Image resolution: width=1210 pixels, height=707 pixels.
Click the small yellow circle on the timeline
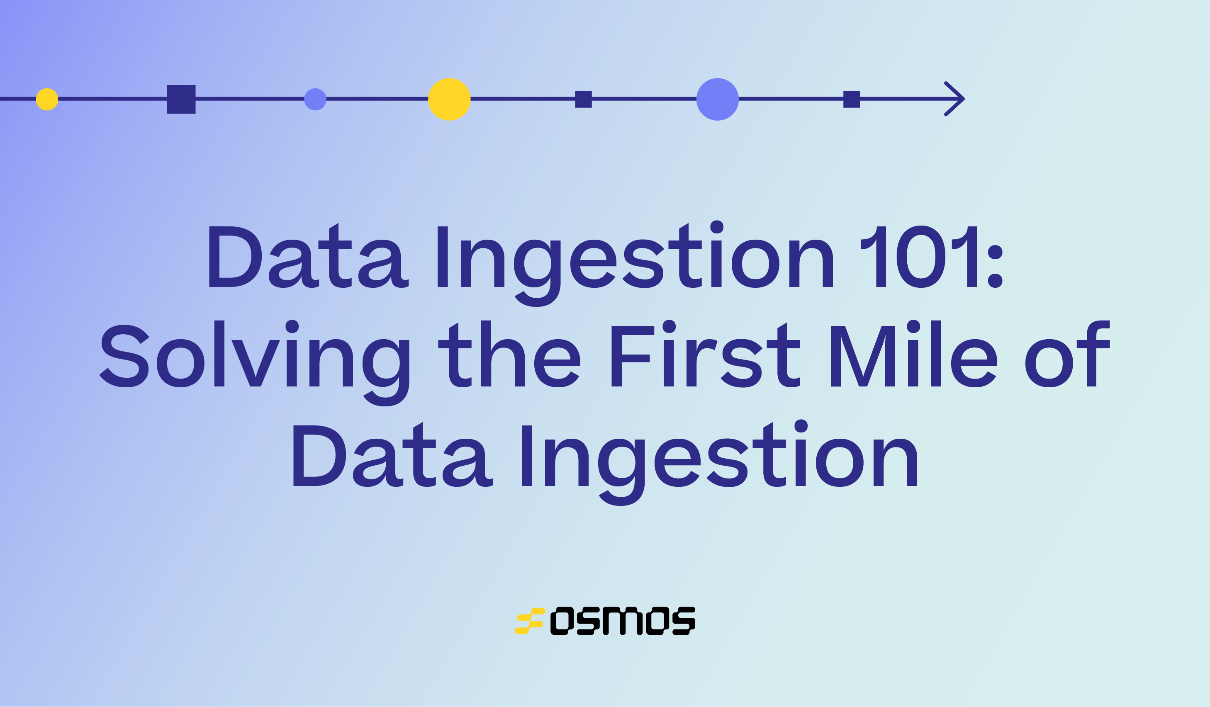[x=47, y=100]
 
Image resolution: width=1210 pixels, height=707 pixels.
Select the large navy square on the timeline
[x=181, y=100]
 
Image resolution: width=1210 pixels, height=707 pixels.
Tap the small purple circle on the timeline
[x=315, y=100]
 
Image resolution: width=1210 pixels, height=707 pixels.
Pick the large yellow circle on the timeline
[x=449, y=100]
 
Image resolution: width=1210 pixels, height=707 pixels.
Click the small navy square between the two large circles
[x=583, y=100]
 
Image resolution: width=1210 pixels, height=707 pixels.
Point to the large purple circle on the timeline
[x=717, y=100]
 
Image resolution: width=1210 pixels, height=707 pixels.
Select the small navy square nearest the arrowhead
[x=851, y=100]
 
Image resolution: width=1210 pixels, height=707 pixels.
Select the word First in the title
[x=706, y=356]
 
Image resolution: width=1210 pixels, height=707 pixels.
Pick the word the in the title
[x=509, y=356]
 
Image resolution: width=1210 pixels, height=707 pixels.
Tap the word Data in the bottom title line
[x=393, y=457]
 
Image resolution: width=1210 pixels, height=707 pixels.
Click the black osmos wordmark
[x=622, y=621]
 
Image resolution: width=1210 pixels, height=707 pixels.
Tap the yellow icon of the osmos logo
[x=530, y=621]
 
